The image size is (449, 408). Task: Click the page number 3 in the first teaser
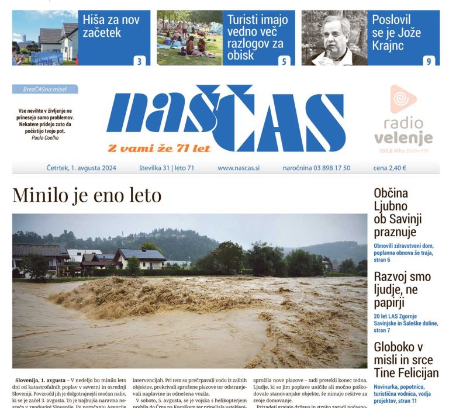click(140, 61)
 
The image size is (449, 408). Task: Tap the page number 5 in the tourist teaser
click(284, 61)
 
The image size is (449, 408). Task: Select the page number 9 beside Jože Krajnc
click(429, 61)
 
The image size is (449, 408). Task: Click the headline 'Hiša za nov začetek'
click(111, 26)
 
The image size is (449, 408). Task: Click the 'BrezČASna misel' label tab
click(45, 89)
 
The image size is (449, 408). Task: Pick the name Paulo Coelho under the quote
click(45, 138)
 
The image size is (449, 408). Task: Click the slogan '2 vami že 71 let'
click(158, 148)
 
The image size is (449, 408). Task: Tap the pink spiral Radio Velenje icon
click(403, 99)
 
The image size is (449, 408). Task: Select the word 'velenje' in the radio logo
click(403, 139)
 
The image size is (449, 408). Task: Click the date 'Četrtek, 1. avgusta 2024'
click(81, 168)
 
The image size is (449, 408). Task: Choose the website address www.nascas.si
click(239, 168)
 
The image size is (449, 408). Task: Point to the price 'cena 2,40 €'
click(389, 168)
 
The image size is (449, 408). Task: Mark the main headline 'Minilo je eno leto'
click(87, 195)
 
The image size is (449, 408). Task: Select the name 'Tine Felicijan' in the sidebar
click(406, 372)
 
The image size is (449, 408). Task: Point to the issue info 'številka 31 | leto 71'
click(167, 168)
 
